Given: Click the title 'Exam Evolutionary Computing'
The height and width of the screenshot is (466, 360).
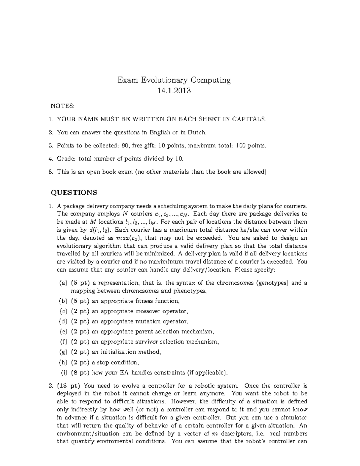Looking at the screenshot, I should (174, 80).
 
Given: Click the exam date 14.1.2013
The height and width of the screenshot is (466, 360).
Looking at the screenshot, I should (174, 90).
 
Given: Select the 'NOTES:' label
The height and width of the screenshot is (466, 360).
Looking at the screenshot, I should (62, 106).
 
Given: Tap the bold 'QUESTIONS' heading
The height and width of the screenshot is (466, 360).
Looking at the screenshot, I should (74, 193).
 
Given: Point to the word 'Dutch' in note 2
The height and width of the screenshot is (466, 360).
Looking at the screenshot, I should (197, 132).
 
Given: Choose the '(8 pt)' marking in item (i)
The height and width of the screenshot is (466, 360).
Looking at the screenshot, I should (80, 373).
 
